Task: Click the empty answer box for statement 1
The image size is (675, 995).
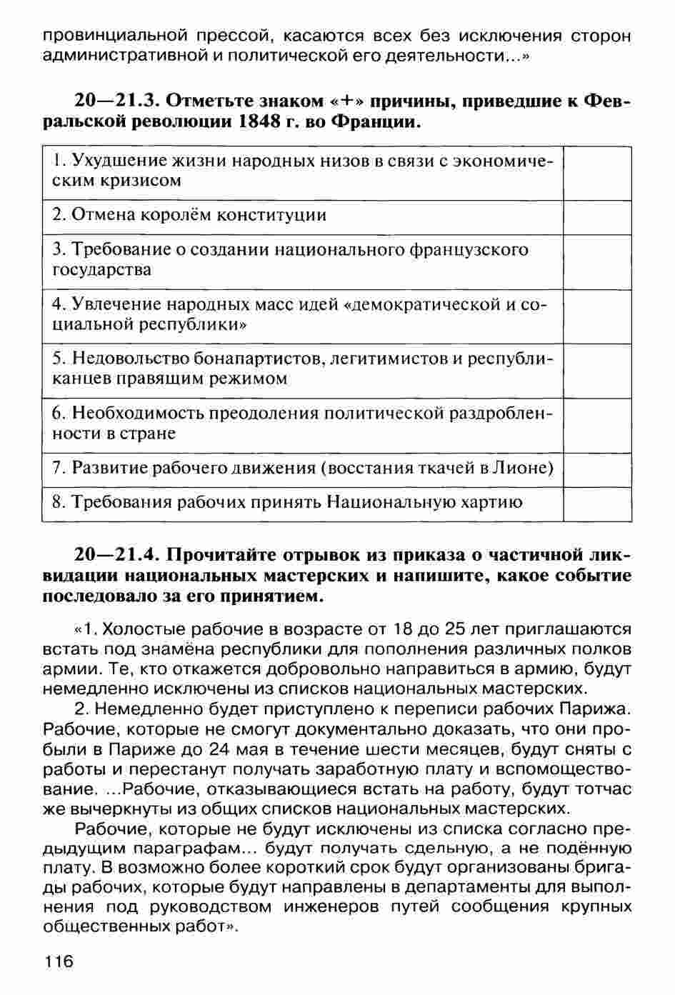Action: point(597,173)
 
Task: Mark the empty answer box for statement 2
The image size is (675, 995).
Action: point(597,217)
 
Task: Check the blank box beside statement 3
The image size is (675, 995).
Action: point(597,261)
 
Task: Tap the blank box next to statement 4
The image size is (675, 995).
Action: point(597,316)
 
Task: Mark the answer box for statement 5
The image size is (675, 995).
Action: point(597,371)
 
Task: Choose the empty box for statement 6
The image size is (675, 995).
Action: point(597,425)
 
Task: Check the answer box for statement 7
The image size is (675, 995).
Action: point(597,469)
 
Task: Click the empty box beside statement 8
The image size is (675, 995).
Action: point(597,504)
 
